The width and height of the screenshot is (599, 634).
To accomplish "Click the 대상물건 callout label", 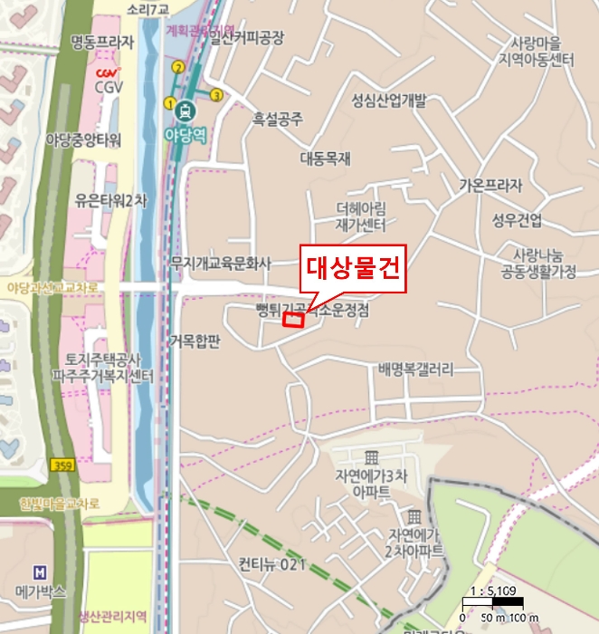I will click(x=353, y=270).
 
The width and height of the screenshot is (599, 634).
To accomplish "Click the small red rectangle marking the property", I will click(x=292, y=319).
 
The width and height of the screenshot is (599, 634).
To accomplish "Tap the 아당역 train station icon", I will click(x=185, y=110).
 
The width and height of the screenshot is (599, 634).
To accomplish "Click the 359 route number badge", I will click(x=62, y=465).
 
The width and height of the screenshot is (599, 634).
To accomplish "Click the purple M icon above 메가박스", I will click(x=39, y=572).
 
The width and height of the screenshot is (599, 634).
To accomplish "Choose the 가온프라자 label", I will click(x=490, y=186).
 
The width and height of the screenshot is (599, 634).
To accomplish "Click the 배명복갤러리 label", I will click(x=415, y=370).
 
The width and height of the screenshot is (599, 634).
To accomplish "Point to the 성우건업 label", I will click(x=517, y=219).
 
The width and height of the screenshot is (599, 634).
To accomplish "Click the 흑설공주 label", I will click(x=278, y=118).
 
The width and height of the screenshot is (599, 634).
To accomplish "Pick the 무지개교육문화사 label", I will click(x=221, y=264).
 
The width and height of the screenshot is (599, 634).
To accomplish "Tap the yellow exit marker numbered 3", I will click(x=216, y=95).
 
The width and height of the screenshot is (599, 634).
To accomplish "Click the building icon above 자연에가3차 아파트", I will click(x=370, y=456).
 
